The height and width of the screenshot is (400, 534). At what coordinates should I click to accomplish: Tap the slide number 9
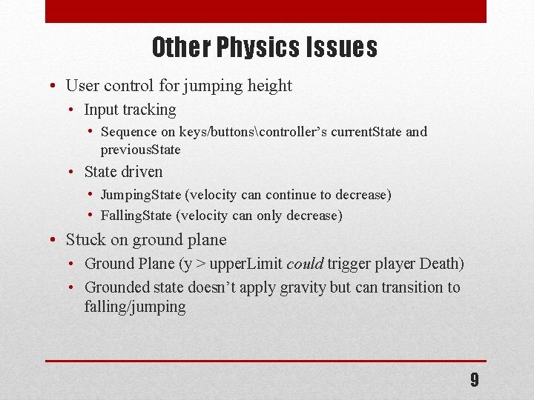coord(475,381)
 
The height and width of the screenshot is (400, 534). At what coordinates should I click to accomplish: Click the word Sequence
coord(128,132)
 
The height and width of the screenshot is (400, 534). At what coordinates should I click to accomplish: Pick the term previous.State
coord(140,150)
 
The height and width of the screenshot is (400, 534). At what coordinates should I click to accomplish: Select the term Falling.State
coord(138,216)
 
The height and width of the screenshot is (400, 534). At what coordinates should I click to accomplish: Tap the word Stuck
coord(85,240)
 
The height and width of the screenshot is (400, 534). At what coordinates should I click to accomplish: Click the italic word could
coord(304,264)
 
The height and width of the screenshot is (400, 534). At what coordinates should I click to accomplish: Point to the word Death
coord(440,264)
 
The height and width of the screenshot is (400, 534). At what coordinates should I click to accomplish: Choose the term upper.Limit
coord(245,264)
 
